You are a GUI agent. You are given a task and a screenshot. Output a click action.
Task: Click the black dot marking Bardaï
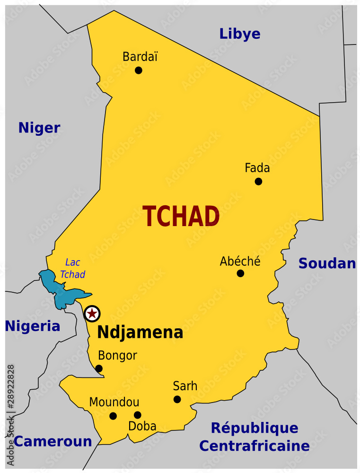(139, 70)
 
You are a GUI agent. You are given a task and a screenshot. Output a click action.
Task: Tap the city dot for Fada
(258, 181)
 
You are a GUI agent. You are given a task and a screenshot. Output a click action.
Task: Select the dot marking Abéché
(240, 273)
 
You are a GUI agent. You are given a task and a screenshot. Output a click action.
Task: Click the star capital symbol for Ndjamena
(92, 313)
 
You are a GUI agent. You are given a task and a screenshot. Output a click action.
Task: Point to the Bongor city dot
(99, 368)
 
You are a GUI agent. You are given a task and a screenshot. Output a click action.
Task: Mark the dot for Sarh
(177, 399)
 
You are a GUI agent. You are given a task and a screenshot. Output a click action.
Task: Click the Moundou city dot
(113, 416)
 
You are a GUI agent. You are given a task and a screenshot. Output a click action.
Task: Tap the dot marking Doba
(137, 415)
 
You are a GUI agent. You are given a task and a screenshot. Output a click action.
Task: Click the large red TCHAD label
(181, 217)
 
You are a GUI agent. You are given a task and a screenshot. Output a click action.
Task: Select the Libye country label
(239, 34)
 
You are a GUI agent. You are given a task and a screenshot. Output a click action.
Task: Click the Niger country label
(39, 128)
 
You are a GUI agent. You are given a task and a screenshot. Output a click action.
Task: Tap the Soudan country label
(327, 264)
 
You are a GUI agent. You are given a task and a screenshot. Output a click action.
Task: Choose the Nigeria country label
(33, 326)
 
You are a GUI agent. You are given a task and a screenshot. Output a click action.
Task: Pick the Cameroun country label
(53, 442)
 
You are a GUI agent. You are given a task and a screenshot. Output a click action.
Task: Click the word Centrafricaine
(254, 446)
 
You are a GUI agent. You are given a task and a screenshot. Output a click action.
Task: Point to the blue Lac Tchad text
(72, 268)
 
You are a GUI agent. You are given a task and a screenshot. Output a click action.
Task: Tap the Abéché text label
(240, 261)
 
